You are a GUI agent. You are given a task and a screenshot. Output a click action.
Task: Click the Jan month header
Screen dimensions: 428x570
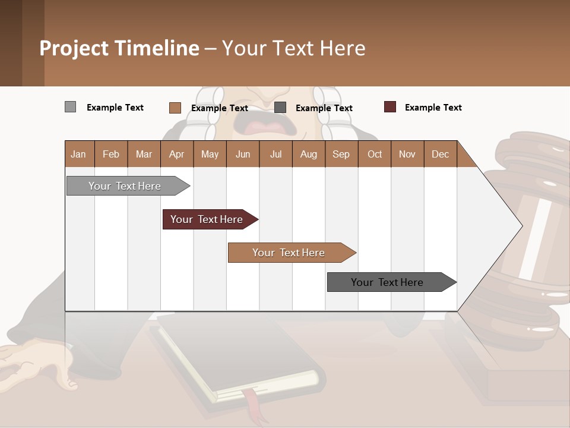click(x=79, y=154)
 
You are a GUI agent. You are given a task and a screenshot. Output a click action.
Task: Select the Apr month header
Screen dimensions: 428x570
click(x=177, y=154)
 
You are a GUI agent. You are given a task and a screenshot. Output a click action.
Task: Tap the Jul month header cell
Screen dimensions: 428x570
click(x=275, y=154)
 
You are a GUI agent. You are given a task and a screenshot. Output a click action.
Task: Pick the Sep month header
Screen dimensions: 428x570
click(x=341, y=154)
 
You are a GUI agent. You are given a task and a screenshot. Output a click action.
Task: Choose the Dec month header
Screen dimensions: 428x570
click(x=440, y=154)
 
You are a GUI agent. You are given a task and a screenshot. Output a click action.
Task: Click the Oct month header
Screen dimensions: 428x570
click(x=375, y=154)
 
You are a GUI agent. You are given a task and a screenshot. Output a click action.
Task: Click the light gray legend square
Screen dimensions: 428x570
click(x=71, y=107)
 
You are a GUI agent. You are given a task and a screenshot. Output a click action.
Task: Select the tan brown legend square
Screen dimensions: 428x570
click(x=175, y=108)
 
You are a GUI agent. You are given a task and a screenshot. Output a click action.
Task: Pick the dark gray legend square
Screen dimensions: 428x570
click(x=280, y=108)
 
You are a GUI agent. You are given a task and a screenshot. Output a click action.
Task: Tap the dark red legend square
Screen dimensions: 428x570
click(x=390, y=107)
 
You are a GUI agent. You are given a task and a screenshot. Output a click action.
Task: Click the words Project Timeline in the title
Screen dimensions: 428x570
click(x=119, y=48)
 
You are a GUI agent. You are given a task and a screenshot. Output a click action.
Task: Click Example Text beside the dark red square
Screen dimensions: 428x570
click(x=433, y=108)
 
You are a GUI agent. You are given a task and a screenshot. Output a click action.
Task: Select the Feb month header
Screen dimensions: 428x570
click(x=111, y=154)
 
